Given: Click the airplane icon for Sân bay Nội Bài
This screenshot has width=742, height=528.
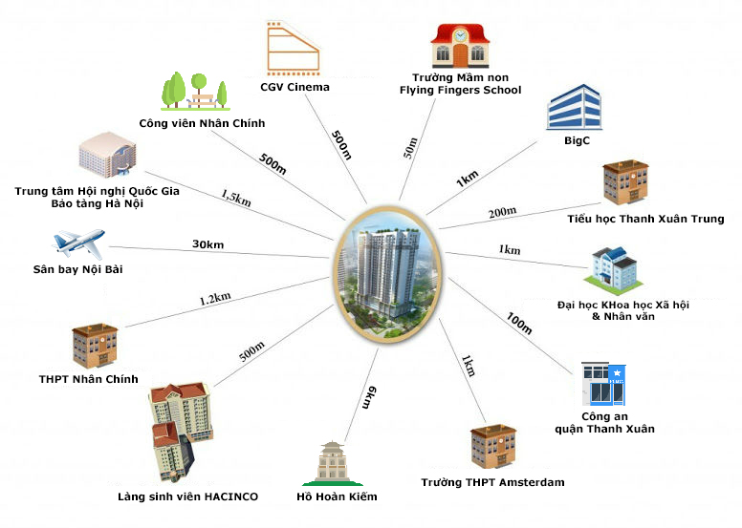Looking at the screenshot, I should tap(77, 243).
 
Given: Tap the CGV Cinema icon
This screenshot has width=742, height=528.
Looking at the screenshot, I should tap(292, 48).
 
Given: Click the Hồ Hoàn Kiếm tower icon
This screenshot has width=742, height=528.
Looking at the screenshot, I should tap(335, 464).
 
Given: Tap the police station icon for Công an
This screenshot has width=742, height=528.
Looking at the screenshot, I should tap(604, 384).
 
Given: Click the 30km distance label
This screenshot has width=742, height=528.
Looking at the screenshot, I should tap(207, 244).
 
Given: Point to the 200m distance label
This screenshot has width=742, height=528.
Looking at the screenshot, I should tap(502, 212).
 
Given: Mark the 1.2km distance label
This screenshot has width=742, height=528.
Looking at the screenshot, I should tap(214, 299).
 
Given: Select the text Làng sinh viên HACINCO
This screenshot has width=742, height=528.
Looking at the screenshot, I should tap(187, 496).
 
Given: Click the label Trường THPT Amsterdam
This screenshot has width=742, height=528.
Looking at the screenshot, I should tap(492, 482).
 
